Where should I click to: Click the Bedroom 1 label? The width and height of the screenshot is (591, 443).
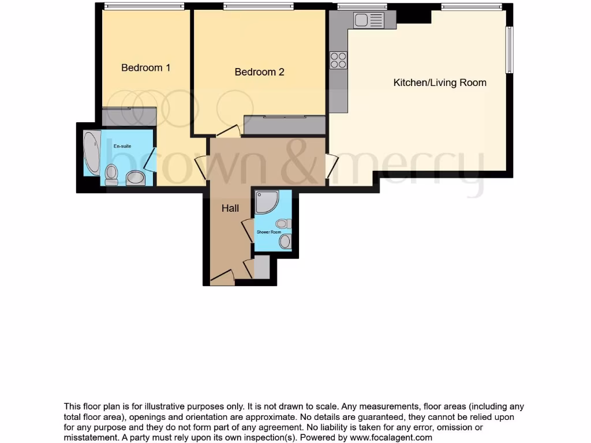(145, 67)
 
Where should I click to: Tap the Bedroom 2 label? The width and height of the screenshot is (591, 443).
(259, 72)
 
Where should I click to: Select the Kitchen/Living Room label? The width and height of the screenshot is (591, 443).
(440, 82)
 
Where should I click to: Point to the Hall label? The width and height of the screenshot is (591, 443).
(230, 209)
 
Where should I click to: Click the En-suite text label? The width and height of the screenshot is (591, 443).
(122, 146)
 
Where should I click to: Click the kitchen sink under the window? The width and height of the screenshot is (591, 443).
(369, 21)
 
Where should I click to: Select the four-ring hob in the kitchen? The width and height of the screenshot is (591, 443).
(338, 60)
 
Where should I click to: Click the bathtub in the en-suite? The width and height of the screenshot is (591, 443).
(91, 153)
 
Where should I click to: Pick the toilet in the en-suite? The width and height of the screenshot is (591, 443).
(111, 174)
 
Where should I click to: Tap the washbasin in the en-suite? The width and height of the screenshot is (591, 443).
(136, 178)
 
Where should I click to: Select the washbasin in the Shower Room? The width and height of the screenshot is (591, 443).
(285, 241)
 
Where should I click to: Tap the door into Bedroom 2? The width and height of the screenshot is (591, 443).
(229, 131)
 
